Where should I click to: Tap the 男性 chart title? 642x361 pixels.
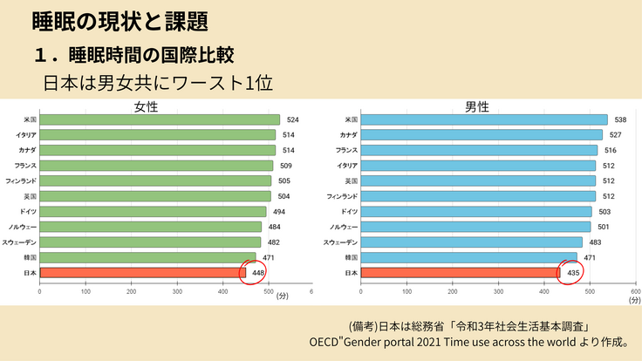click(x=476, y=106)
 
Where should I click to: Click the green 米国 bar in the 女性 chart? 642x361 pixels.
click(x=160, y=119)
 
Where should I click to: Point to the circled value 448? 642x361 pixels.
click(x=258, y=273)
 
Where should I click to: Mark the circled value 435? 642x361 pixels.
click(x=573, y=273)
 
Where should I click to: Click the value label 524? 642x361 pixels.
click(x=293, y=119)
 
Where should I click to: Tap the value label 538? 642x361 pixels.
click(x=620, y=119)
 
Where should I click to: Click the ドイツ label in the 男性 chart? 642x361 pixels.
click(x=348, y=211)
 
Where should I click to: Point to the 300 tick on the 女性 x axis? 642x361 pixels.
click(x=177, y=293)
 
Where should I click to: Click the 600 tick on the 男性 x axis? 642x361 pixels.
click(x=635, y=293)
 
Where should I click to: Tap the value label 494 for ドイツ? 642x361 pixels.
click(x=280, y=211)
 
